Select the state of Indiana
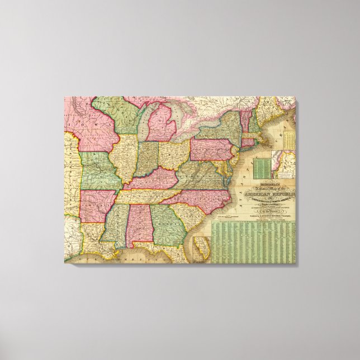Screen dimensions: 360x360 click(148, 158)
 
